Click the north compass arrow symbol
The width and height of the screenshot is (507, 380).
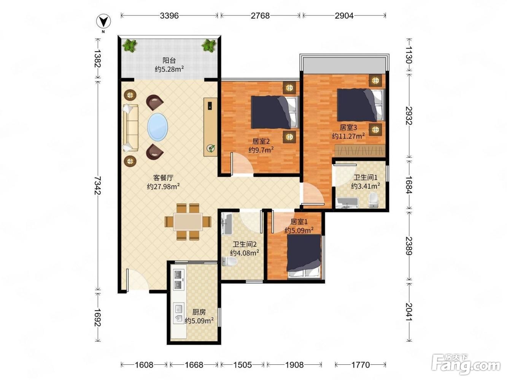click(103, 21)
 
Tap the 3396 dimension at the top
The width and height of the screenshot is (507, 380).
click(169, 16)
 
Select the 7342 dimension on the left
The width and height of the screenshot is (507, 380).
click(98, 185)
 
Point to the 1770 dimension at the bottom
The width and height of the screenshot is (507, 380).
click(360, 365)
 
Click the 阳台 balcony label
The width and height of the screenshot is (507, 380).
click(169, 60)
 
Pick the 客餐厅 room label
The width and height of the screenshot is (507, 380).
click(163, 178)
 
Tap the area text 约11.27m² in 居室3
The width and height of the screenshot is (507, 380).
click(348, 136)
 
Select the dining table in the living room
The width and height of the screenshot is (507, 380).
click(188, 222)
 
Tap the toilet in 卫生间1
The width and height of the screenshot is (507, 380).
click(373, 200)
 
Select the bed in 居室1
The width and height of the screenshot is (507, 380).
click(304, 256)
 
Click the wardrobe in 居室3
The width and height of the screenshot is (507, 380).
click(360, 150)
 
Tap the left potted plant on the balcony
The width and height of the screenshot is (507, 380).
click(130, 46)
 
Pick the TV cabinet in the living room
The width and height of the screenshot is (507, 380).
click(210, 127)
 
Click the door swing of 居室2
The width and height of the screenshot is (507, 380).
click(242, 164)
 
